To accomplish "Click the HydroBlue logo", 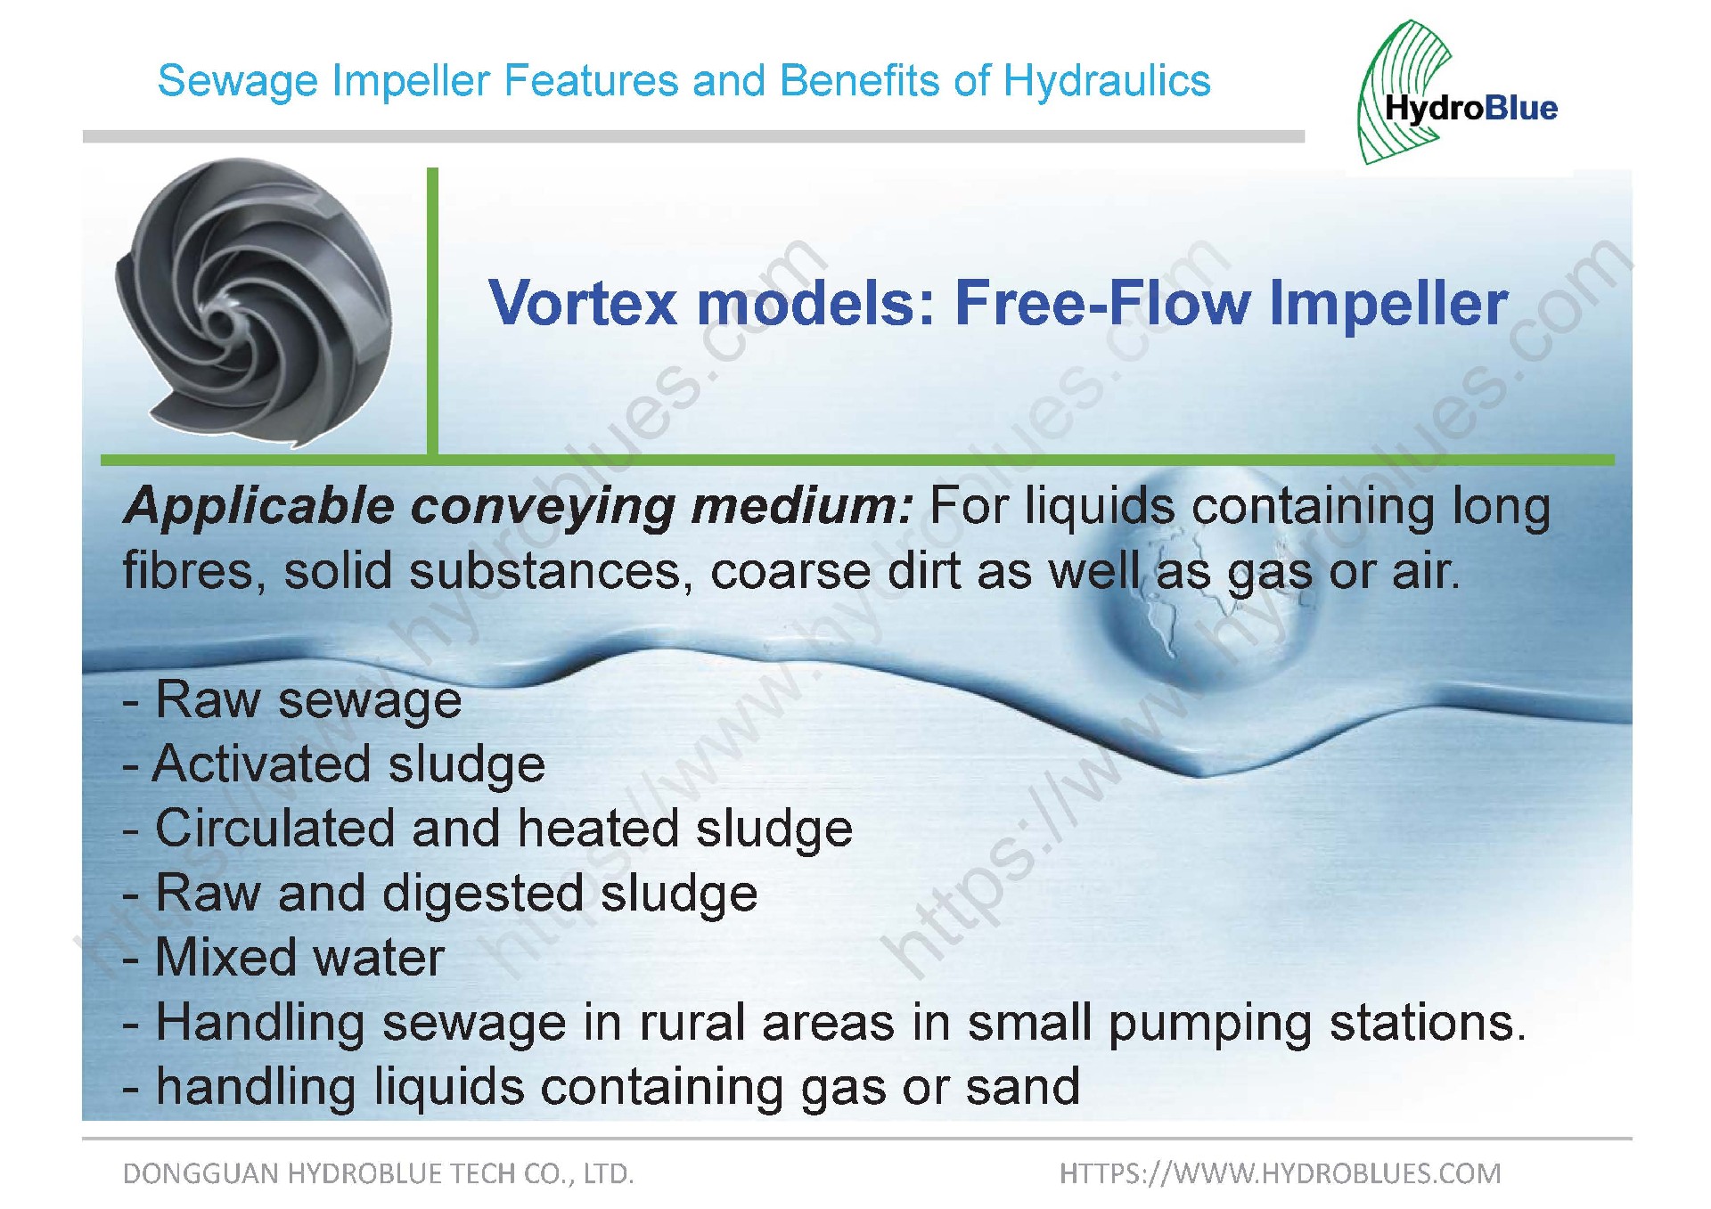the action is click(1457, 93).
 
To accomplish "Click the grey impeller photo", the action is click(254, 302).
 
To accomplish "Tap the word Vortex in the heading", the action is click(583, 303).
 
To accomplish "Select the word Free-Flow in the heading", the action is click(1103, 303).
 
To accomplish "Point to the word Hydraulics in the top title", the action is click(1107, 81).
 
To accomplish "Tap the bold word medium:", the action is click(803, 506).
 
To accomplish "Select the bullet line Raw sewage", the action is click(292, 699).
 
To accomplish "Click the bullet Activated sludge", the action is click(334, 764).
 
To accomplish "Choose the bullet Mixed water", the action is click(283, 957).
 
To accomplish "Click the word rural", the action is click(692, 1022).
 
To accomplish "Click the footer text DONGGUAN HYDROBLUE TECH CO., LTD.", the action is click(378, 1174).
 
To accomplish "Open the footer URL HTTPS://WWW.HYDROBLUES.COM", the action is click(1281, 1173).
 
